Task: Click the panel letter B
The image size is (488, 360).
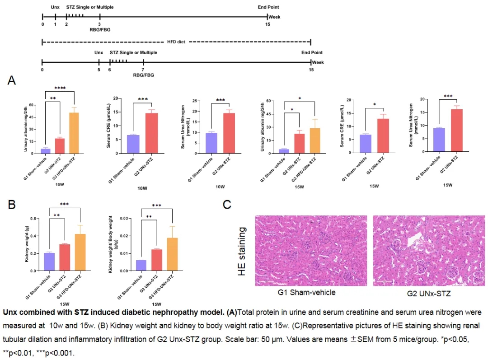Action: tap(12, 204)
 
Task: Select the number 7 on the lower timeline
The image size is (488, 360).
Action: tap(143, 70)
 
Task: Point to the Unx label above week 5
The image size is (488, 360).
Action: tap(99, 53)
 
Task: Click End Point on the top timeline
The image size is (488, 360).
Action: tap(268, 7)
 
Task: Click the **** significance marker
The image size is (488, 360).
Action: tap(60, 88)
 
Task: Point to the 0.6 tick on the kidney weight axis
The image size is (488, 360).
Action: tap(35, 219)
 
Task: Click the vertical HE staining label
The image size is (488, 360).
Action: tap(242, 251)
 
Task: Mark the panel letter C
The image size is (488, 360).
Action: tap(227, 204)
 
